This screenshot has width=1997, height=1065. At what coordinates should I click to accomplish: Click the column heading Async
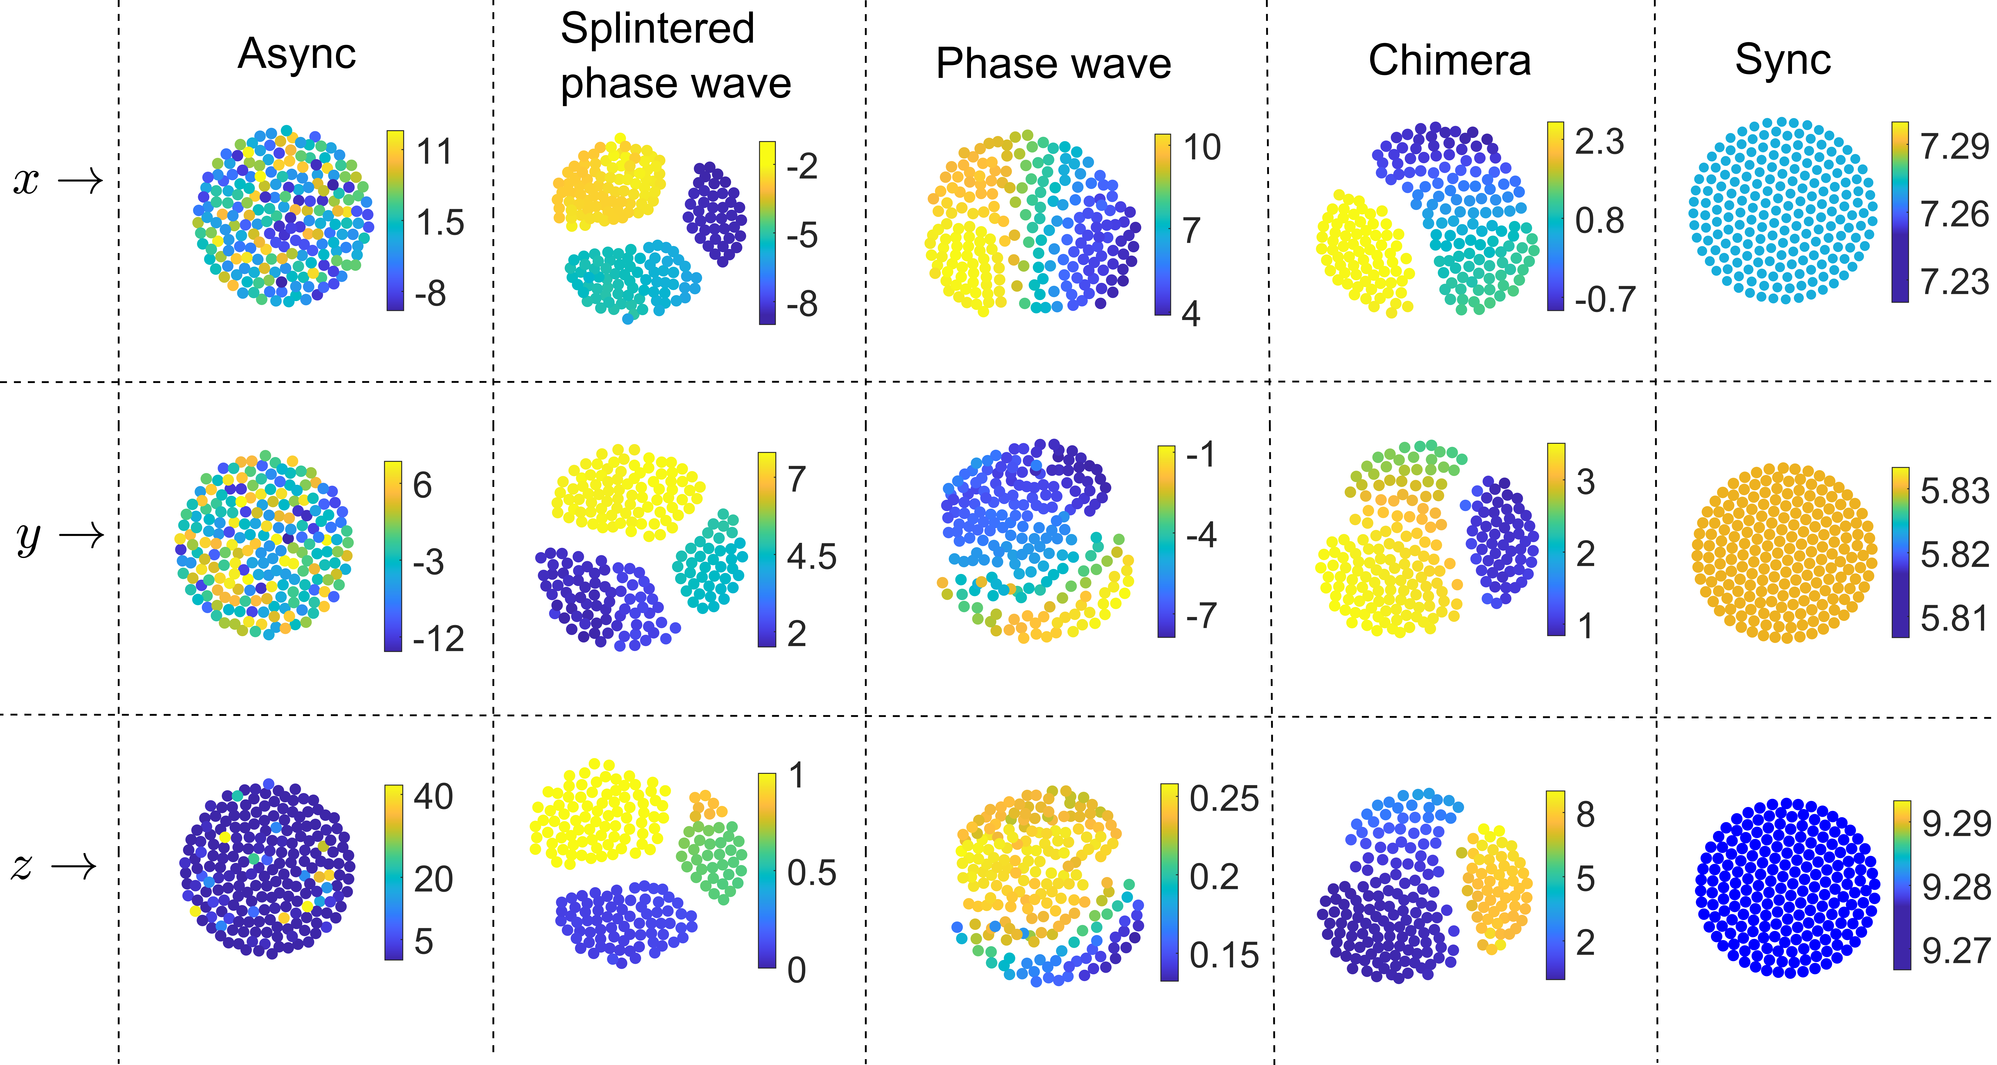click(x=297, y=54)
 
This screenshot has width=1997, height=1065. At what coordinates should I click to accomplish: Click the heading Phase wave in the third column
click(x=1053, y=64)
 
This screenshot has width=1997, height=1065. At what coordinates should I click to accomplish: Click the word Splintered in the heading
click(x=657, y=29)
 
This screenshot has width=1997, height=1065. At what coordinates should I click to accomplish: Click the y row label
click(x=28, y=536)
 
